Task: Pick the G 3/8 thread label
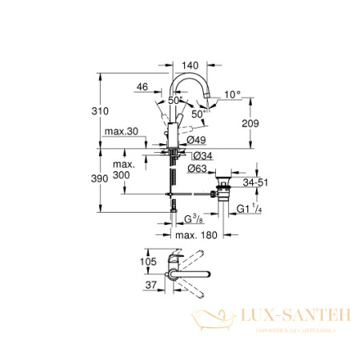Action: (192, 218)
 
